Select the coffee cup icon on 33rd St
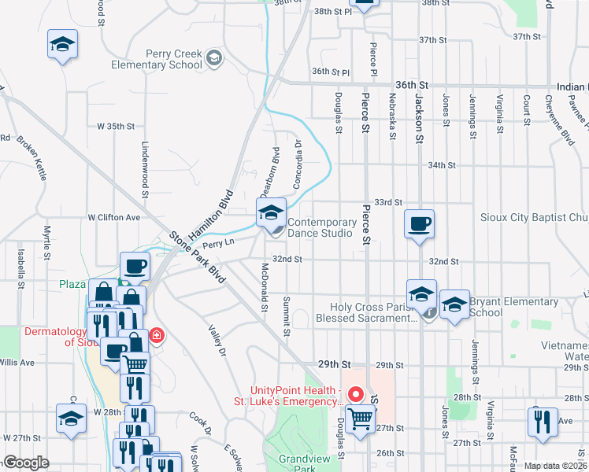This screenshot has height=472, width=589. [x=419, y=223]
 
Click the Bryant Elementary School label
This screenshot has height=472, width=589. [x=513, y=307]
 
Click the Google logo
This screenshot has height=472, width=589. [x=26, y=463]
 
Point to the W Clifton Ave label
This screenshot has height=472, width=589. [x=113, y=217]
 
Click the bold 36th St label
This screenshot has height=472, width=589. [x=412, y=84]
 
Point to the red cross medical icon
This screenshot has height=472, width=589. [x=156, y=337]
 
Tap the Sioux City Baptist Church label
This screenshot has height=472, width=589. [x=534, y=217]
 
